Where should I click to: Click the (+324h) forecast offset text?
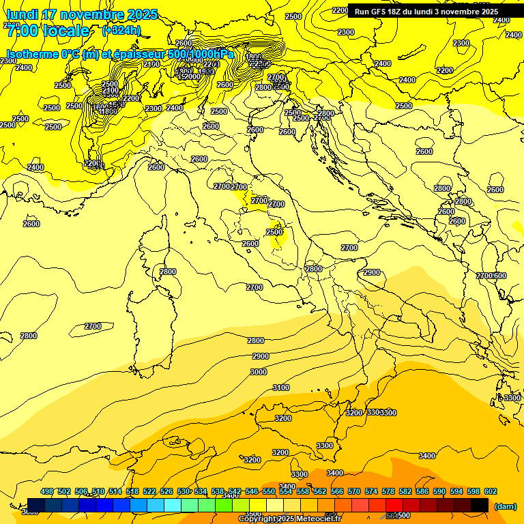pyautogui.click(x=121, y=30)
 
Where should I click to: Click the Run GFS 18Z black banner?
pyautogui.click(x=426, y=12)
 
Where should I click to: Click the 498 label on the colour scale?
pyautogui.click(x=47, y=491)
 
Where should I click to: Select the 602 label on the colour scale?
pyautogui.click(x=491, y=491)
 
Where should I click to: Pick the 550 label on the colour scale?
pyautogui.click(x=269, y=491)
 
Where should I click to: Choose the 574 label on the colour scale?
pyautogui.click(x=371, y=491)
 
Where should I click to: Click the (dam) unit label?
pyautogui.click(x=505, y=506)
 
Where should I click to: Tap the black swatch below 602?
pyautogui.click(x=480, y=504)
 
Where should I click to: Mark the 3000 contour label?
pyautogui.click(x=259, y=372)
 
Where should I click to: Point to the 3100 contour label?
pyautogui.click(x=281, y=388)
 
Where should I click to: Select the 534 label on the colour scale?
pyautogui.click(x=201, y=491)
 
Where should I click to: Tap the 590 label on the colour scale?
pyautogui.click(x=439, y=491)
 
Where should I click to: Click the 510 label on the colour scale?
pyautogui.click(x=98, y=491)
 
